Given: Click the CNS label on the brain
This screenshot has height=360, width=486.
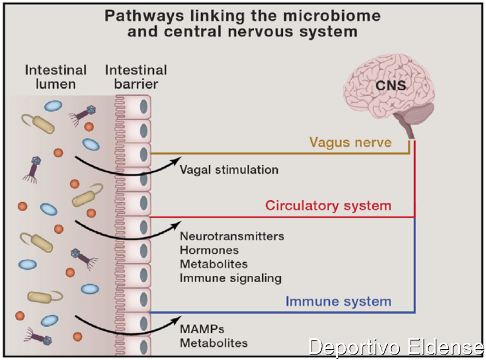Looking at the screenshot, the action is point(391,86).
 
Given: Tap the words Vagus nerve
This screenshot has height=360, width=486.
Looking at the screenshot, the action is point(351,143).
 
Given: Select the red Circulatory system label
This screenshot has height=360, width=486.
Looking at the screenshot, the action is point(328,206).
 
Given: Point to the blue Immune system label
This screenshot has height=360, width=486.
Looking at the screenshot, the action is point(338,302).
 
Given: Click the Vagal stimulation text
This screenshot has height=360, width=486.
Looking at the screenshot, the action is point(229,170).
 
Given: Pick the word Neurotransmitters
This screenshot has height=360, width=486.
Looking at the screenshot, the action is point(232,236).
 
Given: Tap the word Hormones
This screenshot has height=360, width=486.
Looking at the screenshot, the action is point(209,250).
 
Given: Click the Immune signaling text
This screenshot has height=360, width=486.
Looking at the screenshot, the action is point(231,278).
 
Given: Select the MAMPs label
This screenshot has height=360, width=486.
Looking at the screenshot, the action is point(202,329).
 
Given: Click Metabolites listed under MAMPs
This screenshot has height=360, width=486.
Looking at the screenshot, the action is point(214,343).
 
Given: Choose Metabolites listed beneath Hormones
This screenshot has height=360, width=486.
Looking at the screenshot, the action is point(214,264).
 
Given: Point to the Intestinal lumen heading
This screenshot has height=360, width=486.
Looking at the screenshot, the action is point(56,77).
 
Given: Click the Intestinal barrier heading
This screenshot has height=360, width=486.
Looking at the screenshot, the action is point(136,77).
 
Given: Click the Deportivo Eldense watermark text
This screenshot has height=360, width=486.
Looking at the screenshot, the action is point(396,347).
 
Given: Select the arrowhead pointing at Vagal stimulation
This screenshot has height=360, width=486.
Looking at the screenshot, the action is point(177,160).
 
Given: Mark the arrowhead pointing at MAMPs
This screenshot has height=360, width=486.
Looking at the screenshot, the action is point(177,320).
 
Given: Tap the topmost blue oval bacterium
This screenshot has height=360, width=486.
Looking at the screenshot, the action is point(53,106).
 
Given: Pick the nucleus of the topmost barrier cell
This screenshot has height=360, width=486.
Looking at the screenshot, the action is point(143,107).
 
